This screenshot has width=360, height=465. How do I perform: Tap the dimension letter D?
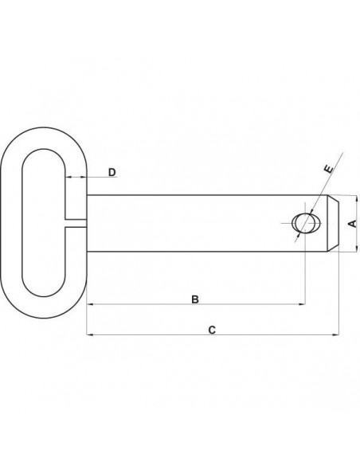(x=112, y=172)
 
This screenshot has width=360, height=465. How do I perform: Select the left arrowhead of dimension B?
(x=90, y=304)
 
